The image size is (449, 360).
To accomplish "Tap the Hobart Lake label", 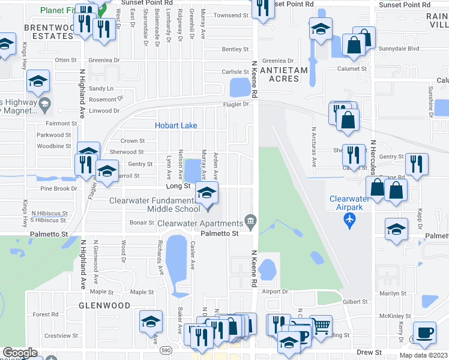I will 176,125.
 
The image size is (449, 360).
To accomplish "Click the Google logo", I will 20,353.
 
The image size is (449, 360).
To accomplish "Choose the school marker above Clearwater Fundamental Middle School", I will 206,193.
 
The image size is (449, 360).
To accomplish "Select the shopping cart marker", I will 321,326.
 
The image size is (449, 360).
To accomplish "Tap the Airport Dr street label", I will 276,292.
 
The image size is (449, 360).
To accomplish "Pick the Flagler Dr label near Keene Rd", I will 240,104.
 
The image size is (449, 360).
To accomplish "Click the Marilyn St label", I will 394,293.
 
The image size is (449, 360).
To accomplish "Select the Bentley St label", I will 235,49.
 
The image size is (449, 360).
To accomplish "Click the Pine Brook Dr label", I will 58,188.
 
